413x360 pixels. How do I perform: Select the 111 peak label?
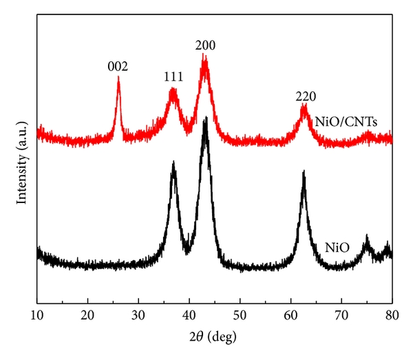coord(173,77)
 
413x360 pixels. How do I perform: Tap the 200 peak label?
coord(206,46)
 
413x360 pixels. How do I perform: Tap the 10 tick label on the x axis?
coord(37,316)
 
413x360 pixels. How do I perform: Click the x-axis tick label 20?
coord(88,316)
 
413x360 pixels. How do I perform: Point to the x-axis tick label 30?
coord(138,316)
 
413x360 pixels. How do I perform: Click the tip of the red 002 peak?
coord(118,77)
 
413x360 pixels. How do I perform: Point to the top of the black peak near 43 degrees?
coord(205,118)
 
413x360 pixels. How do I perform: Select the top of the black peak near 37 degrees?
coord(173,162)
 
